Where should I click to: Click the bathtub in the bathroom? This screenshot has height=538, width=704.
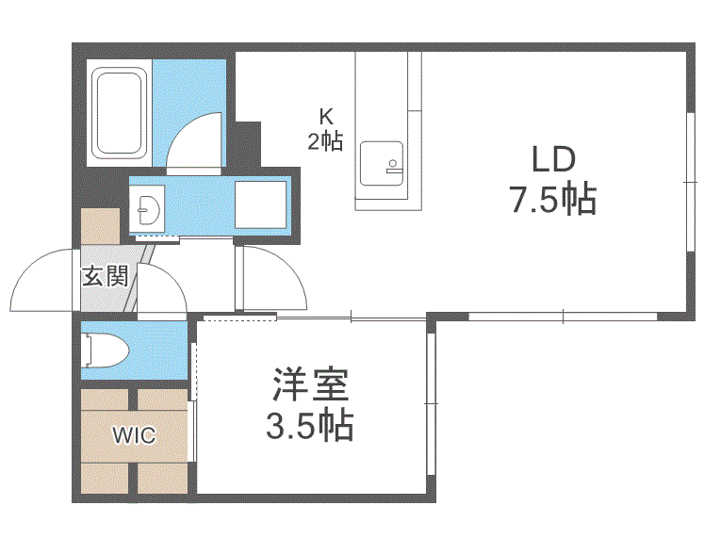click(x=118, y=112)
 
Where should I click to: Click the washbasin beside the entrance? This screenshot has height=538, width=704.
click(x=148, y=207)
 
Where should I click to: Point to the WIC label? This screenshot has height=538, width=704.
click(x=134, y=435)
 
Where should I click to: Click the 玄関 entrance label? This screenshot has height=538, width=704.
click(x=104, y=277)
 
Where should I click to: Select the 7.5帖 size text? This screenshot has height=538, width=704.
click(x=552, y=199)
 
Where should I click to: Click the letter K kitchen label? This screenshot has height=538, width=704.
click(x=325, y=118)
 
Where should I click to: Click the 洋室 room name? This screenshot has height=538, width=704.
click(x=310, y=384)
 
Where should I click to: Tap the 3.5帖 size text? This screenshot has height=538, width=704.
click(x=310, y=427)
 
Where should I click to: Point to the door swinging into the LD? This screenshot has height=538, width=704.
click(x=274, y=279)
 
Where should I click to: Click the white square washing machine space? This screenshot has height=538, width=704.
click(x=259, y=204)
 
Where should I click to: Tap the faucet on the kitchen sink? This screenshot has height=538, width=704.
click(x=393, y=166)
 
